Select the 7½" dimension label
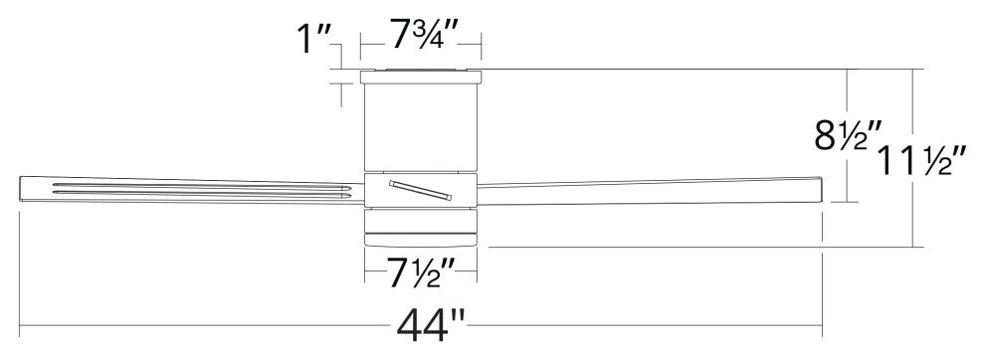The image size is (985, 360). pos(421,273)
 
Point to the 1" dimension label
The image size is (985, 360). pos(312,40)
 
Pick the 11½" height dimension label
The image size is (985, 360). pos(922,160)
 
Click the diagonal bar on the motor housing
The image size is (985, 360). pos(420,190)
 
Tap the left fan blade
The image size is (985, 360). pos(192,190)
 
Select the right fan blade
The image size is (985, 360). pos(650,191)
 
